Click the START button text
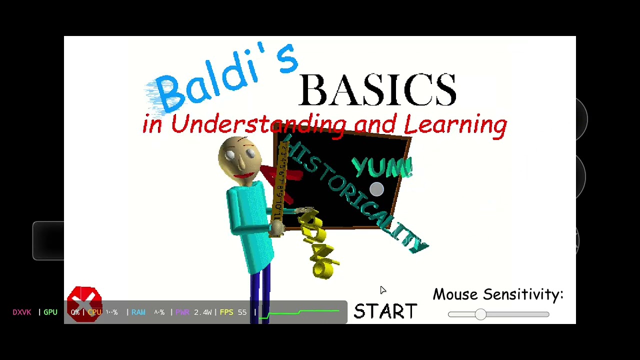coord(385,311)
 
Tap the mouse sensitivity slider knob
coord(480,314)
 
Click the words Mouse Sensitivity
coord(497,294)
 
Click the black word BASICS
coord(377,90)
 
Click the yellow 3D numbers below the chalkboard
coord(318,245)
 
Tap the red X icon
coord(84,303)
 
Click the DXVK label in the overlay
coord(22,312)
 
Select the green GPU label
coord(50,312)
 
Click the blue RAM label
coord(138,312)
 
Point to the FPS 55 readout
coord(233,312)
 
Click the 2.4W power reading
coord(202,312)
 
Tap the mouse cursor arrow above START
coord(382,290)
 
